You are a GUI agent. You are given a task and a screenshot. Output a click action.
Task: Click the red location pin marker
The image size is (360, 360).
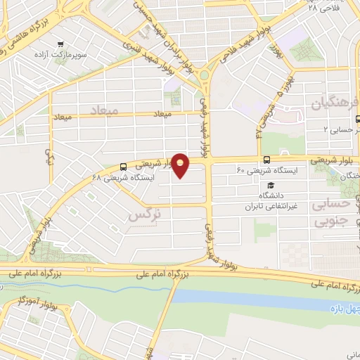[x=181, y=165]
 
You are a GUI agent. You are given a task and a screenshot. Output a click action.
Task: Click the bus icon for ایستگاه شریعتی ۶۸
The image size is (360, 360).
[x=124, y=167]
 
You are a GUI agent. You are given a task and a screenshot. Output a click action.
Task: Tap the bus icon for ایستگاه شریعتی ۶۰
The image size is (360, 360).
[x=266, y=160]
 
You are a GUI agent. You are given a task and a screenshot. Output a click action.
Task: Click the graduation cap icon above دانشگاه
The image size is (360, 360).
[x=269, y=184]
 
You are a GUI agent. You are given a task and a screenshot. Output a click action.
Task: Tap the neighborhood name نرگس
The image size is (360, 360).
[x=141, y=216]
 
